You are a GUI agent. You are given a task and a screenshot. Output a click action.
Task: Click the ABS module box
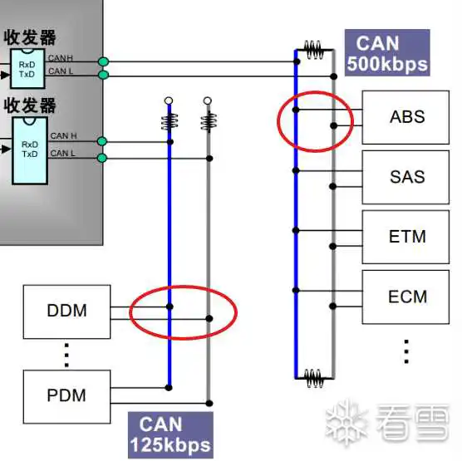point(405,117)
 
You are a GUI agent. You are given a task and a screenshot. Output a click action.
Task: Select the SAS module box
point(405,177)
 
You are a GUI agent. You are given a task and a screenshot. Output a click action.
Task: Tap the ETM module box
point(405,237)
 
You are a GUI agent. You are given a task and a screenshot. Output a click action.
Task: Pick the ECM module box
point(405,297)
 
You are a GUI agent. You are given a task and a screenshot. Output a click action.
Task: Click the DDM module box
point(66,311)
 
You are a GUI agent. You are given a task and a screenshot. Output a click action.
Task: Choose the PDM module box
point(66,397)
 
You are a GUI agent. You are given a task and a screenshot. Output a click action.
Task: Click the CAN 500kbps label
point(387,52)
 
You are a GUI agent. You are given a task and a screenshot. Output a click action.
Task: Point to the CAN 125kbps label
point(170,434)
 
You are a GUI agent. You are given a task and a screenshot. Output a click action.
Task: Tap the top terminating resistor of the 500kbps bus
point(314,50)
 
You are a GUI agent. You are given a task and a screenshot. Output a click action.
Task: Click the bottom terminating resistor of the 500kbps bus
point(314,378)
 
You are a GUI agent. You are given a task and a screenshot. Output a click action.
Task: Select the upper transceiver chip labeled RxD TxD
point(27,69)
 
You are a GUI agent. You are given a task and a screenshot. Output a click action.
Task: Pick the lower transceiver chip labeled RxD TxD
point(30,150)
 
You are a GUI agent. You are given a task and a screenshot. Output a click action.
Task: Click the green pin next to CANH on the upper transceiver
point(103,61)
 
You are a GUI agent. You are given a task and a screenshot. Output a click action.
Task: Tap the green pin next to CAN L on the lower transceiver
point(102,158)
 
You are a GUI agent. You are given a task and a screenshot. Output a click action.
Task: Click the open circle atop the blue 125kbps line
point(169,101)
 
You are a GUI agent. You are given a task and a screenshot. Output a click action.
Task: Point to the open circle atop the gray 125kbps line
point(208,101)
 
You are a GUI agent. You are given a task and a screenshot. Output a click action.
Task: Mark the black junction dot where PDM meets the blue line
point(169,388)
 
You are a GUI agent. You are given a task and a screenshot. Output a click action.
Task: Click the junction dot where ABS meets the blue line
point(296,110)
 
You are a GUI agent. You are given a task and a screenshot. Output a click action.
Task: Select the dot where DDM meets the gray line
point(209,318)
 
